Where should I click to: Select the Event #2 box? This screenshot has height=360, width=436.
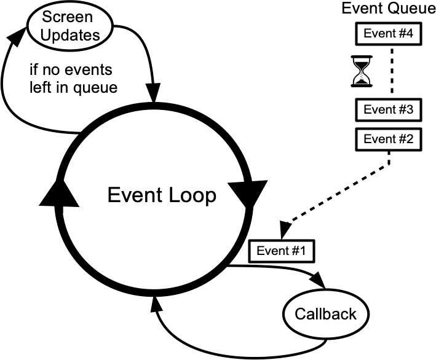(388, 139)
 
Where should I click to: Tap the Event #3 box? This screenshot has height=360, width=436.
(388, 110)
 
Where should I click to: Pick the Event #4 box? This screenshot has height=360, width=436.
(388, 34)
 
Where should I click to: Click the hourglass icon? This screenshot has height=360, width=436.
(362, 71)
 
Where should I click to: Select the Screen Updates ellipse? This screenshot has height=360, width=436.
(71, 26)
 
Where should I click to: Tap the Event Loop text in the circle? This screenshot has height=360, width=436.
(162, 195)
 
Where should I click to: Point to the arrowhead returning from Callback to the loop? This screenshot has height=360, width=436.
(155, 302)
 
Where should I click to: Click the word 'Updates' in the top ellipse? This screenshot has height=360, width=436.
(71, 34)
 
